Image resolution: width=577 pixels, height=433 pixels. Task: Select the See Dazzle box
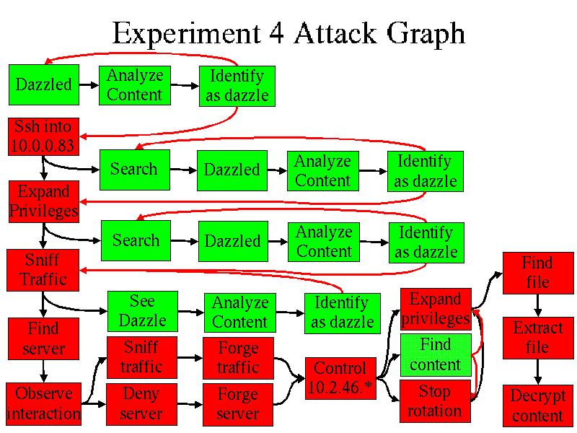tap(142, 311)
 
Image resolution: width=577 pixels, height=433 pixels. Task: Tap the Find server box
tap(43, 339)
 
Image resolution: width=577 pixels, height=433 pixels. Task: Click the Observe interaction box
tap(43, 404)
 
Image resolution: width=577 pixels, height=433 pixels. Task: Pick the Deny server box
tap(141, 404)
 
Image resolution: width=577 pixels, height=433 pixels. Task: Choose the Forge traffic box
tap(238, 358)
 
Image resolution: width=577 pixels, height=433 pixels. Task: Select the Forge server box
tap(237, 404)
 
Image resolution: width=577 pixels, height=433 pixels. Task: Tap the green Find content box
tap(435, 354)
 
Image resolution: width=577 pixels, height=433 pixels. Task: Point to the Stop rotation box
tap(435, 401)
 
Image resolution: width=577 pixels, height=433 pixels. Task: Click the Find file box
tap(537, 272)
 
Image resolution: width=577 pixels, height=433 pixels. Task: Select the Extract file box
tap(537, 338)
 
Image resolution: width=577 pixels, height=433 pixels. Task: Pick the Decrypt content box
tap(537, 406)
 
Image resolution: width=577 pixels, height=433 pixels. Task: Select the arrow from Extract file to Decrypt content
tap(537, 372)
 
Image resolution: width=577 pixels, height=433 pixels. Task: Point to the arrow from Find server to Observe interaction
tap(44, 371)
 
